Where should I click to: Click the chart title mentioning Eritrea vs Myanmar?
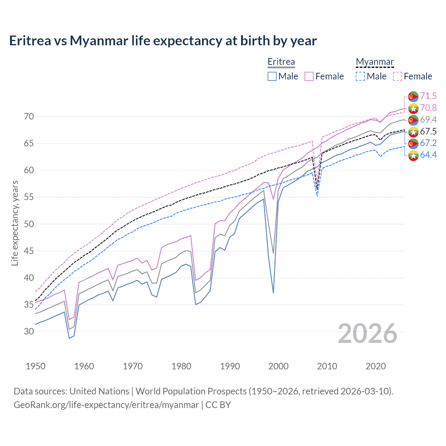point(163,41)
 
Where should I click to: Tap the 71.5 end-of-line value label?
point(428,96)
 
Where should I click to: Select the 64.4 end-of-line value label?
point(428,155)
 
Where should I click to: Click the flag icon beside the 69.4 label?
point(413,120)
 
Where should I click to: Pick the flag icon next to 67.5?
point(413,132)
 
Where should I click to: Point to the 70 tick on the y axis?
point(29,116)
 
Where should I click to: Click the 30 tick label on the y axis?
point(29,331)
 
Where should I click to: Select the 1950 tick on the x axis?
point(36,366)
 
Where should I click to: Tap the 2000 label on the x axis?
point(278,366)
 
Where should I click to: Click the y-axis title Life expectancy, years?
point(15,223)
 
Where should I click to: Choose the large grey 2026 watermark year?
point(367,333)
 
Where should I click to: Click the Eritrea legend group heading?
point(281,62)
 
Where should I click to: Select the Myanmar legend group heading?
point(375,62)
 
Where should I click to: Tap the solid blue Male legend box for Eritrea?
point(272,76)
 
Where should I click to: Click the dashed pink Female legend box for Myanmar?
point(398,76)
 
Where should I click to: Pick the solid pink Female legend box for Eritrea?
point(309,76)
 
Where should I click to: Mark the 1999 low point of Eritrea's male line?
point(273,293)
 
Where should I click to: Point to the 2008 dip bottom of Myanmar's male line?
point(317,196)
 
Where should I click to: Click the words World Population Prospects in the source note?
point(191,391)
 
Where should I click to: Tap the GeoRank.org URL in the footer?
point(106,405)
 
